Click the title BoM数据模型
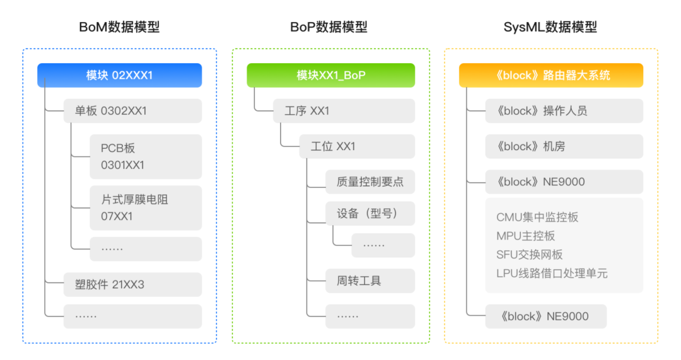(x=119, y=27)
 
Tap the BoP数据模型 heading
(x=329, y=27)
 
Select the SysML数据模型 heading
(x=550, y=27)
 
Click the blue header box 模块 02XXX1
(x=119, y=75)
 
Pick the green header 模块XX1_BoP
(x=331, y=75)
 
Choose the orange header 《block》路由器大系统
(x=551, y=75)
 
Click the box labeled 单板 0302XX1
(x=132, y=111)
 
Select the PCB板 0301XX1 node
(x=146, y=156)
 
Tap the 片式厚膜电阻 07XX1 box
(x=146, y=207)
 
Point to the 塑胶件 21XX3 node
(x=132, y=284)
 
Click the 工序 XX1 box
(x=344, y=111)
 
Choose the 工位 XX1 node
(x=357, y=146)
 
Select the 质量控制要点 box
(x=370, y=182)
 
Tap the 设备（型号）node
(x=370, y=213)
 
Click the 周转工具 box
(x=370, y=281)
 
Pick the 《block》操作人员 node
(x=564, y=111)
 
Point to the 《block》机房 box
(x=564, y=146)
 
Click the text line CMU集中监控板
(x=537, y=217)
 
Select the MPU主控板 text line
(x=525, y=236)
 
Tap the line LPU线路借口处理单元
(x=552, y=273)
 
